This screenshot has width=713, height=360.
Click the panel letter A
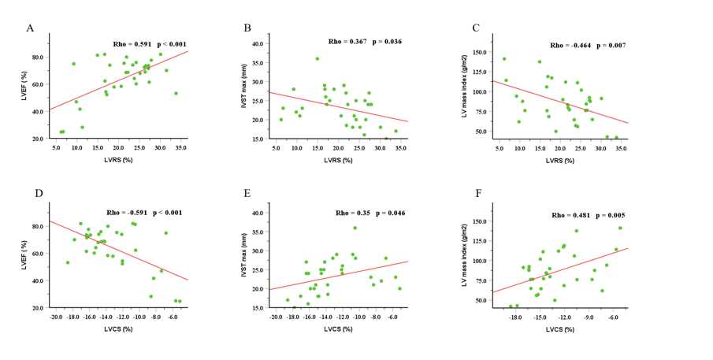tap(30, 28)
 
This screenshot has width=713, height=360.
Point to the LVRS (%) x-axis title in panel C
tap(560, 161)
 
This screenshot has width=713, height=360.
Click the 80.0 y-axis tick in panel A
tap(36, 58)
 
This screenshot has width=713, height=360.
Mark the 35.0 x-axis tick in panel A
tap(183, 148)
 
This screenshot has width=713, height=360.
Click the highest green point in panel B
tap(318, 58)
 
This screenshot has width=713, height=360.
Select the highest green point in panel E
tap(355, 228)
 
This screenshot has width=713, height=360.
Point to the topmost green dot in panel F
tap(620, 228)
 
